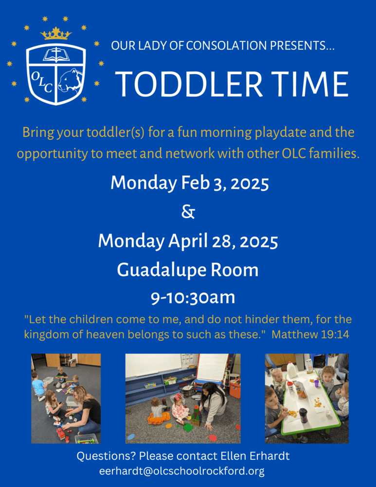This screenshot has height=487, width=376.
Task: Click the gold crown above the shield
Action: point(56,34)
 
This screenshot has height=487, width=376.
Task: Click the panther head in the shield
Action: point(71,80)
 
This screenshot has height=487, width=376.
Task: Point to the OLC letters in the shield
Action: point(41,82)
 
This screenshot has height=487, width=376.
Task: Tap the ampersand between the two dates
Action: point(188,212)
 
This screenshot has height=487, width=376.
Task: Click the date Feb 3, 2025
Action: point(225,183)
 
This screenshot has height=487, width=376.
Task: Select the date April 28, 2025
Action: point(223,242)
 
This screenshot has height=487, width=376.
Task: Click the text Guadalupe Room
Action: point(188,270)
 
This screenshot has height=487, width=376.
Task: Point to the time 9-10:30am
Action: point(193,298)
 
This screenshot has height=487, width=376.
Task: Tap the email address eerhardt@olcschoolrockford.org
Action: point(182,471)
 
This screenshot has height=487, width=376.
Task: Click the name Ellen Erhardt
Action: point(255,456)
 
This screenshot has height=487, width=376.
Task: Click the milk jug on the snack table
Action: point(292,370)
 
